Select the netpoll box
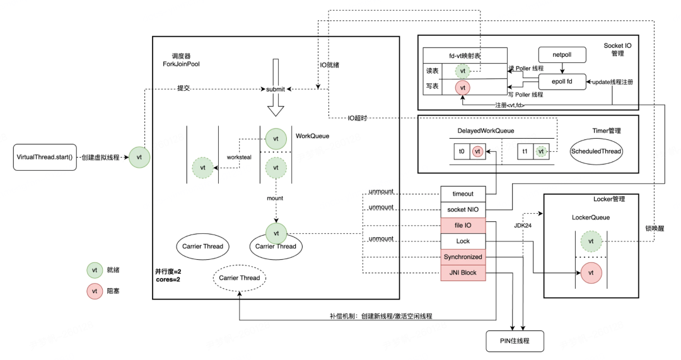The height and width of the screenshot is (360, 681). [x=562, y=55]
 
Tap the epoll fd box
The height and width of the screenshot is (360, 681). [x=562, y=82]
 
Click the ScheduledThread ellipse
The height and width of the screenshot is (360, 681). [x=595, y=151]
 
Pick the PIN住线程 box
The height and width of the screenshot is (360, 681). [x=514, y=341]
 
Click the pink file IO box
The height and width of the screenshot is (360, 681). [x=463, y=225]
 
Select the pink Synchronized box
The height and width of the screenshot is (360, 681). [x=463, y=257]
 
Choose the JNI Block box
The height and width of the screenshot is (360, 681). [x=463, y=272]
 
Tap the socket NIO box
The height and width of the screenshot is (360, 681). [x=463, y=209]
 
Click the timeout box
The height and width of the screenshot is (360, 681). [x=463, y=194]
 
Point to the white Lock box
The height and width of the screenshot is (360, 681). [x=463, y=241]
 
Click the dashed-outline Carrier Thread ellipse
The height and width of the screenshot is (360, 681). [x=240, y=277]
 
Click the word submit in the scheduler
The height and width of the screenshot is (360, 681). [x=276, y=90]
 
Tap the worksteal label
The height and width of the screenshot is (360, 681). [x=240, y=158]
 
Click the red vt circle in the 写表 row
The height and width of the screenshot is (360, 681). [x=463, y=88]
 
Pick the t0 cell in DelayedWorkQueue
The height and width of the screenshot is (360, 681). [x=462, y=151]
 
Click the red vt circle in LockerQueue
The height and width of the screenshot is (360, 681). [x=590, y=272]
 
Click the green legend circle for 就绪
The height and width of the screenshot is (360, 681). [x=95, y=270]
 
